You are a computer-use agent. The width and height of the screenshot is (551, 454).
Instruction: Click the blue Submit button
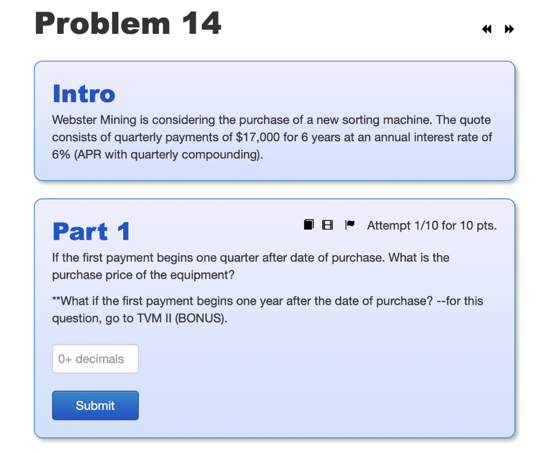(x=95, y=406)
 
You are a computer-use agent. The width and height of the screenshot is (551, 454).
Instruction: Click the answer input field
(x=95, y=359)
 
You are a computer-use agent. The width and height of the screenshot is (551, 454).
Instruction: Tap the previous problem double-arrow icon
(x=486, y=30)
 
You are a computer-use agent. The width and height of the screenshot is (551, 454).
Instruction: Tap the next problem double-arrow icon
(x=509, y=30)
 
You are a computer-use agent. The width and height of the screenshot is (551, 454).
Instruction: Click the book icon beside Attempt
(x=308, y=225)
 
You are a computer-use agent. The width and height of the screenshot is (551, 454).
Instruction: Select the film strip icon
(x=327, y=225)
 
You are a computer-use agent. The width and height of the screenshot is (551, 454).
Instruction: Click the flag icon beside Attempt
(x=349, y=225)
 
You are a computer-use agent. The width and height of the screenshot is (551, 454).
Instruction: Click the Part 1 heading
(x=91, y=232)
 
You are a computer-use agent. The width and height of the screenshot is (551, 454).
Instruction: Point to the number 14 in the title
(x=201, y=24)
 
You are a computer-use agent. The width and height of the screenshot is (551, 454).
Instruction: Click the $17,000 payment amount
(x=258, y=137)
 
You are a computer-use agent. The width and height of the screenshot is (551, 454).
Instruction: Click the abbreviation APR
(x=90, y=155)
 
